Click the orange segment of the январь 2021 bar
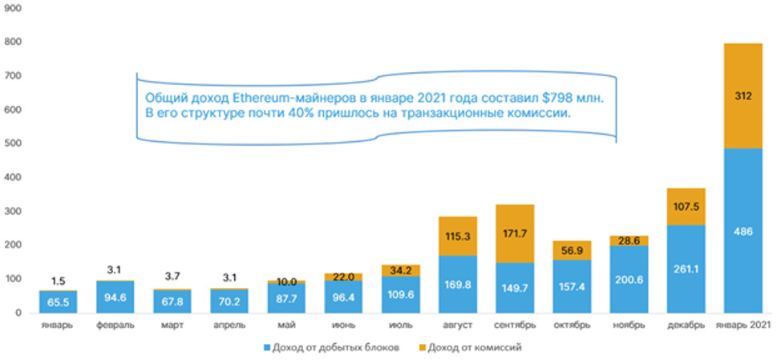pyautogui.click(x=755, y=95)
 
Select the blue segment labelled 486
pyautogui.click(x=755, y=231)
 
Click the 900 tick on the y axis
pyautogui.click(x=14, y=7)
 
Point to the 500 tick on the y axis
pyautogui.click(x=14, y=144)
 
